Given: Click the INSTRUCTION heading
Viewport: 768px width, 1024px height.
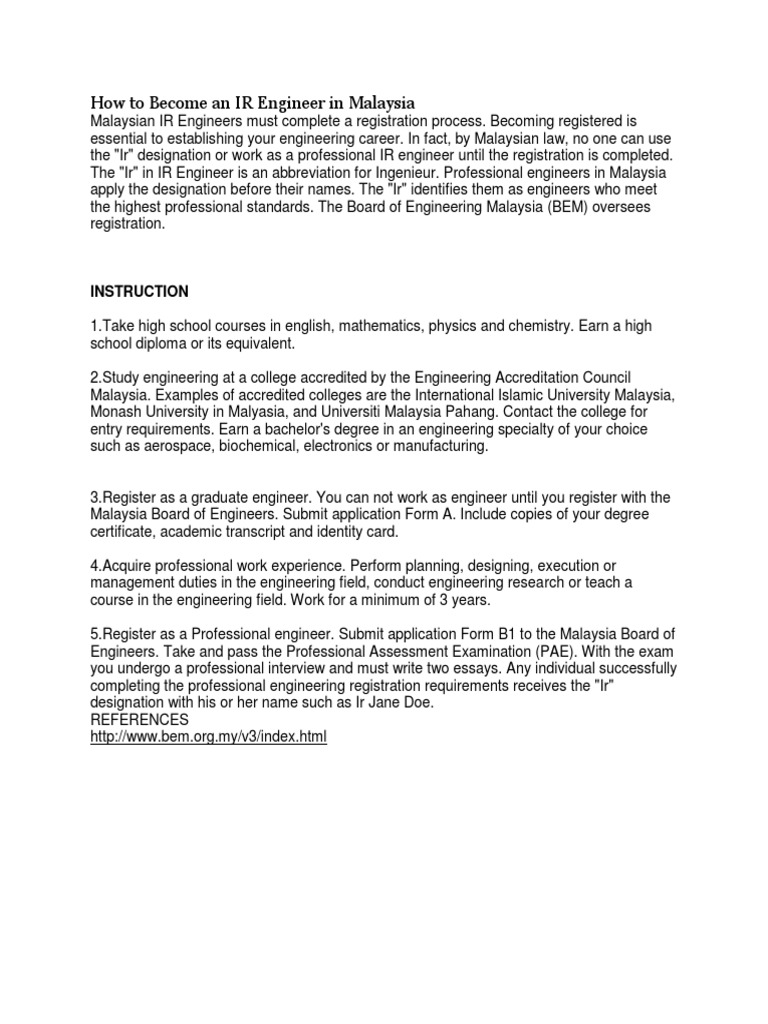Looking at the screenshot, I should (x=139, y=292).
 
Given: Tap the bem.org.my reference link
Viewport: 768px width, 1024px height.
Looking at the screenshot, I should (x=208, y=737).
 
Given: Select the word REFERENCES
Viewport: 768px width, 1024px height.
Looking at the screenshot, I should (x=139, y=720).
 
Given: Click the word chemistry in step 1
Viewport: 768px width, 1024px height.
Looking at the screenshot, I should (x=560, y=326).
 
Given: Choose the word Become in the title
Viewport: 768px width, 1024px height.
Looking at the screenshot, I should (x=167, y=102).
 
